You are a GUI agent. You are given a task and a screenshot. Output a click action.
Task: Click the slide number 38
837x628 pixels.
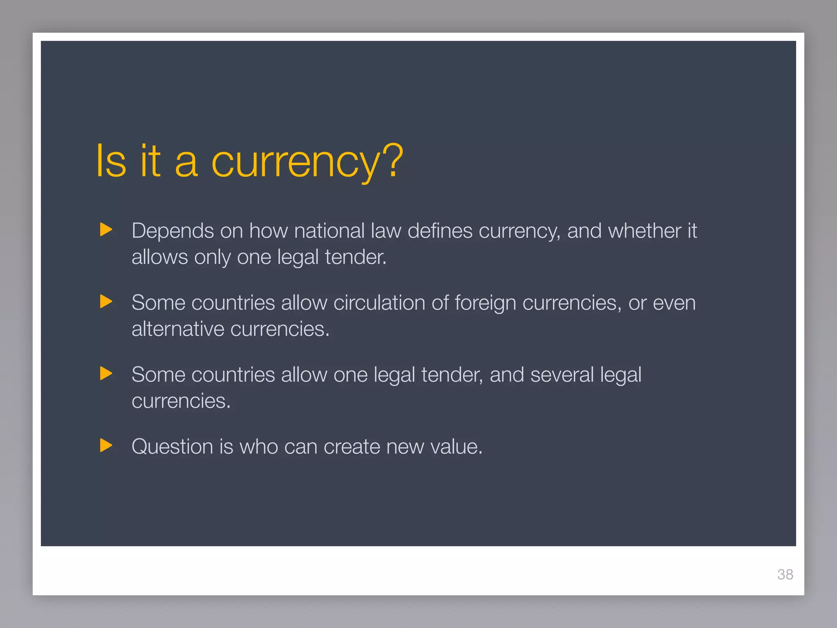tap(785, 574)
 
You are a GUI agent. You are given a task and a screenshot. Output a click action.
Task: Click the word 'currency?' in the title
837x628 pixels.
tap(307, 163)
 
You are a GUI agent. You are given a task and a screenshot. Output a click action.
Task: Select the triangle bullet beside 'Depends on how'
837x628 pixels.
tap(106, 229)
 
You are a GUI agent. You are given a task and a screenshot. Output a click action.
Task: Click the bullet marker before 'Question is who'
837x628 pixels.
tap(106, 445)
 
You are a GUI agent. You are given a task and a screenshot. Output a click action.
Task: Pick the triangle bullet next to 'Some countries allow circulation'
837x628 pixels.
tap(106, 301)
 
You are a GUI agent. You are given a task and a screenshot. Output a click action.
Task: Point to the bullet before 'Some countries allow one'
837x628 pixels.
tap(106, 373)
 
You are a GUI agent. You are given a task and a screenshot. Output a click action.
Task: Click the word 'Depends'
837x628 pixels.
tap(172, 231)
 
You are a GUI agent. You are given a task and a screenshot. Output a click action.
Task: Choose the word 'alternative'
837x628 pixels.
tap(177, 329)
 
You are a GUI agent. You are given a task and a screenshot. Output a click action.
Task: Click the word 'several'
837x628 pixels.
tap(562, 375)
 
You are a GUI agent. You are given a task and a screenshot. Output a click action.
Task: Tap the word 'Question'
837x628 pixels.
tap(172, 447)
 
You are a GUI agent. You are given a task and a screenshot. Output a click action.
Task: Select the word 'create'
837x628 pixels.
tap(352, 447)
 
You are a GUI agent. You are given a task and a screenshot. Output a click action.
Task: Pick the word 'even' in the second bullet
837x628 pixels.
tap(674, 304)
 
